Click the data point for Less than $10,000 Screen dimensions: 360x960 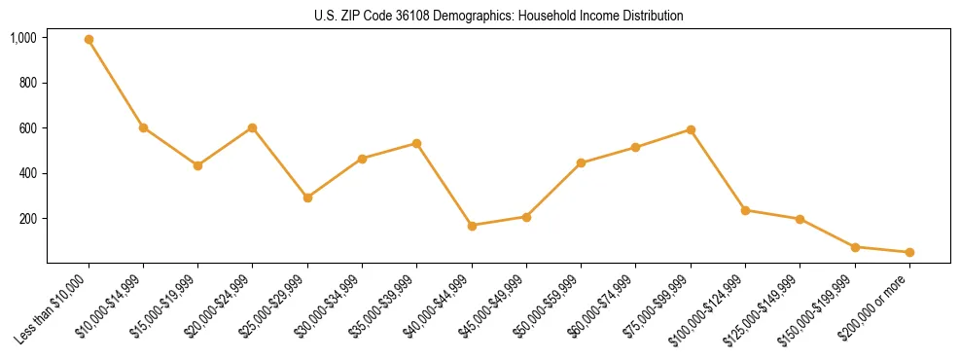click(x=89, y=40)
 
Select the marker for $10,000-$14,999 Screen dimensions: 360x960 click(x=143, y=127)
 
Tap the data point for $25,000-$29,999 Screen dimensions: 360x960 click(x=307, y=198)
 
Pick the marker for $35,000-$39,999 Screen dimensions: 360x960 click(x=417, y=143)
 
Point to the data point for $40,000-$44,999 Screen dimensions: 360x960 click(x=472, y=226)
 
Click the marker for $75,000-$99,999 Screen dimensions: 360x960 click(x=691, y=129)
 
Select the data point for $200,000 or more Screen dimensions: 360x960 click(x=909, y=252)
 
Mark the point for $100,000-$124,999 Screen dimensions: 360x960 click(x=745, y=210)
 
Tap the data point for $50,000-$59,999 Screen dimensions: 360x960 click(x=582, y=162)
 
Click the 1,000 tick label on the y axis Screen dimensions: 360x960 click(x=23, y=38)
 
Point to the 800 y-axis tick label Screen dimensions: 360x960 click(x=28, y=83)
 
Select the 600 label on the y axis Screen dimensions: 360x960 click(x=28, y=128)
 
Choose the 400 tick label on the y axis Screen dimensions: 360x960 click(x=28, y=173)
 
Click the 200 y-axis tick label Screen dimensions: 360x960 click(x=28, y=219)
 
